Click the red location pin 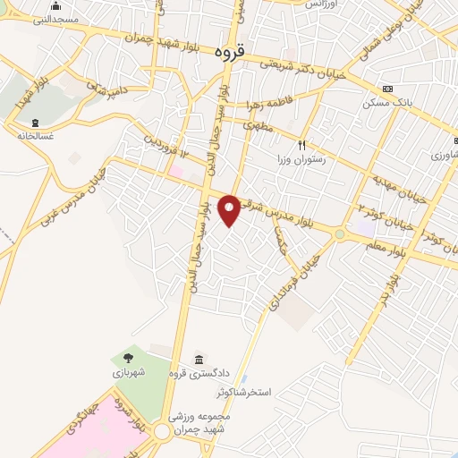pyautogui.click(x=230, y=209)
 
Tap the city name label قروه pyautogui.click(x=231, y=53)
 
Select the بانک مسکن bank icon pyautogui.click(x=386, y=89)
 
